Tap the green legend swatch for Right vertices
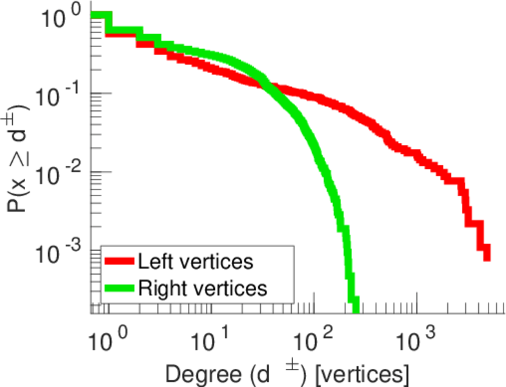(119, 288)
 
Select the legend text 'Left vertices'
(195, 262)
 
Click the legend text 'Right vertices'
(201, 288)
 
